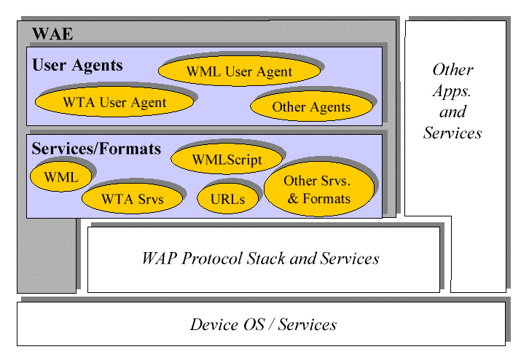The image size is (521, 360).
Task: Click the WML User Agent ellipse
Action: [239, 71]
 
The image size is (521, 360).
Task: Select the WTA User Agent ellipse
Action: [114, 102]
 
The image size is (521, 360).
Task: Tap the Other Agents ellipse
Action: [311, 106]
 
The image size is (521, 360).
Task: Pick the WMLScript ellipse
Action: [227, 159]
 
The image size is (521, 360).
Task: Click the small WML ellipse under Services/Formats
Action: [61, 176]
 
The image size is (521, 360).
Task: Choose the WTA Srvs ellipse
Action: [132, 198]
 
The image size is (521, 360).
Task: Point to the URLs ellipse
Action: [227, 199]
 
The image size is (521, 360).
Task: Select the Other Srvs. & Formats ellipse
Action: [319, 189]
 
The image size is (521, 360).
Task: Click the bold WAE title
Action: [52, 34]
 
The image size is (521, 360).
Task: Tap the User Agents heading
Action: [77, 65]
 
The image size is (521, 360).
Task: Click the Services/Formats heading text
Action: [96, 148]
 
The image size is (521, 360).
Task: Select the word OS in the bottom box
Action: [254, 324]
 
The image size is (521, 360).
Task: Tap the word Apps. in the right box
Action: [452, 91]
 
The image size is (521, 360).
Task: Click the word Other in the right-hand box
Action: [453, 69]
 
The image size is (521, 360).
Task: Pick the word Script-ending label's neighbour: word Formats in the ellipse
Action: [326, 198]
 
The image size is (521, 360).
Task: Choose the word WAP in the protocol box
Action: [159, 258]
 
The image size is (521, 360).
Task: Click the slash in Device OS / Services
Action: [272, 324]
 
